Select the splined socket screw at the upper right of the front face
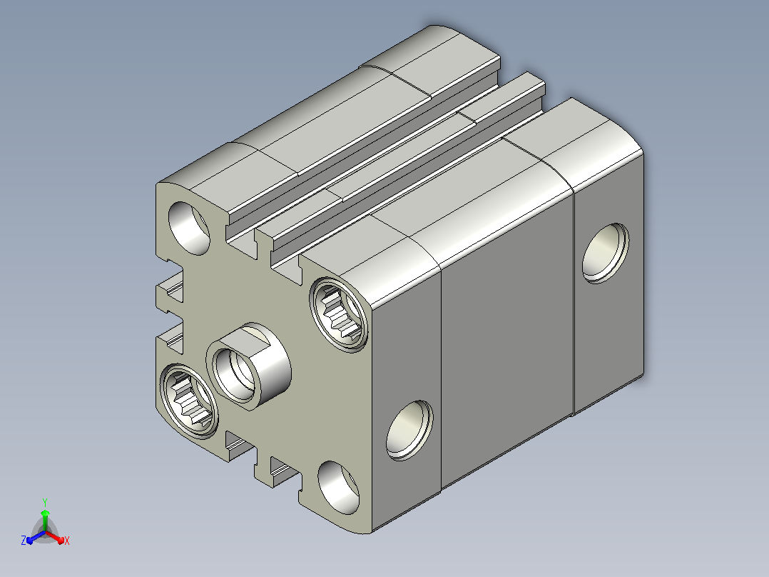point(339,314)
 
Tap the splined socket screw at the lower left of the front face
point(189,401)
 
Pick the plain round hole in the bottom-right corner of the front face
point(338,488)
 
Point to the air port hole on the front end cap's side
point(409,431)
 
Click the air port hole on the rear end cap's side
point(606,253)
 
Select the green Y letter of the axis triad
point(45,502)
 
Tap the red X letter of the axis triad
point(67,541)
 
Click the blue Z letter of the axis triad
point(23,541)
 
